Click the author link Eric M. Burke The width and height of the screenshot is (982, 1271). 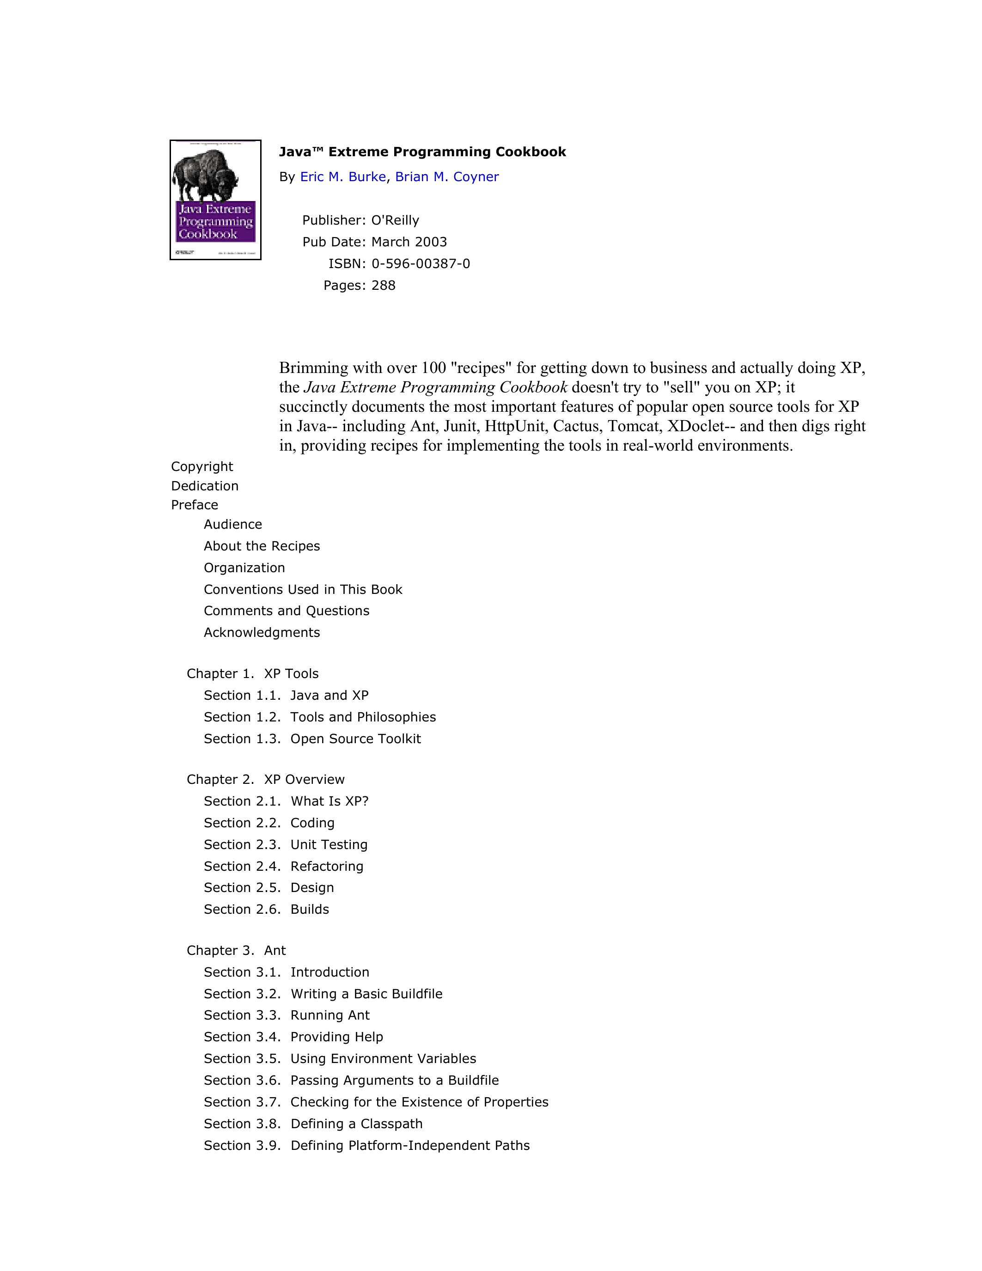342,177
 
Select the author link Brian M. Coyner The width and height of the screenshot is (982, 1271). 447,177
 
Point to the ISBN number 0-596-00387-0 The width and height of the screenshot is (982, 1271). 421,263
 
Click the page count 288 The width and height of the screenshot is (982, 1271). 384,286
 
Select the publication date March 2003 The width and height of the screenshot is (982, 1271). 409,242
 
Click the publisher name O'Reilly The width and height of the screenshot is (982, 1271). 395,220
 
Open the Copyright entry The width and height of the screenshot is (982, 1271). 202,467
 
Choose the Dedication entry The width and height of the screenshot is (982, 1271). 205,486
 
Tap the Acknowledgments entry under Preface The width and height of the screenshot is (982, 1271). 262,633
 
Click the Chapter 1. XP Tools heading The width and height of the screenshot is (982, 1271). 252,674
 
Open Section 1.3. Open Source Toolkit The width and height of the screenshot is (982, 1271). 312,739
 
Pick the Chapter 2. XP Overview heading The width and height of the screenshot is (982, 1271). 265,780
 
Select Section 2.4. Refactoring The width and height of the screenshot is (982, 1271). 283,867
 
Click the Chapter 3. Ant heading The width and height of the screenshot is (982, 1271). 236,951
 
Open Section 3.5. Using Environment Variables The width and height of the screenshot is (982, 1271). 340,1058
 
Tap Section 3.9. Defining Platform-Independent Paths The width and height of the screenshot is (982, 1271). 366,1145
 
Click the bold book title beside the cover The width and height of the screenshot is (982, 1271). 422,152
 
